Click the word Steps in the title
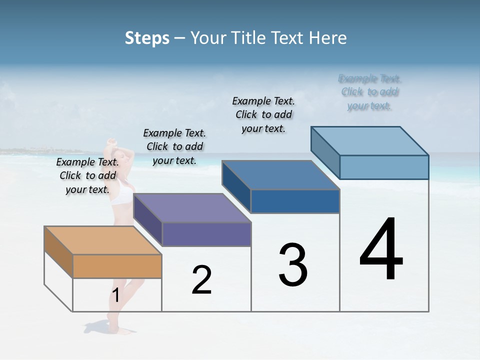[x=147, y=38]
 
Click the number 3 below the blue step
[x=293, y=265]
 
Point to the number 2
[x=202, y=280]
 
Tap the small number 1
[x=116, y=295]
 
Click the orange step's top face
[x=102, y=240]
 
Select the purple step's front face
[x=206, y=234]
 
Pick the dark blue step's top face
[x=280, y=175]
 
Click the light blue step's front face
[x=384, y=167]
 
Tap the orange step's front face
[x=117, y=266]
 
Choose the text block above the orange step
[x=87, y=175]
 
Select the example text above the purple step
[x=174, y=146]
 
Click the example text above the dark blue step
[x=263, y=114]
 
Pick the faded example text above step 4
[x=369, y=92]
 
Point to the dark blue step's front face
[x=295, y=201]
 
